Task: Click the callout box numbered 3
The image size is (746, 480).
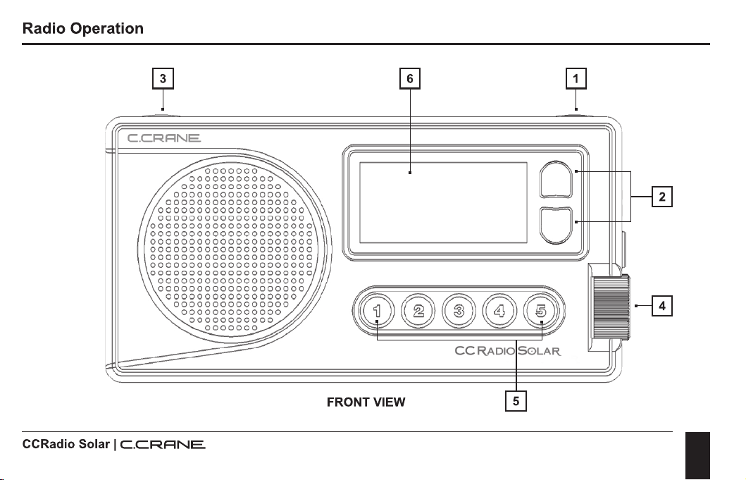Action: [163, 78]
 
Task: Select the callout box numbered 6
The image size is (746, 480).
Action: [410, 78]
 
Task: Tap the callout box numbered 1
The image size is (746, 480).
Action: [576, 78]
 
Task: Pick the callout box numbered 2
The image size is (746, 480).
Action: [661, 197]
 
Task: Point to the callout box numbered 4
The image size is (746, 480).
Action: [661, 306]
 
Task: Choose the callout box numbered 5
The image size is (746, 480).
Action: [516, 401]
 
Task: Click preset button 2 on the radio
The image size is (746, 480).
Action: [418, 311]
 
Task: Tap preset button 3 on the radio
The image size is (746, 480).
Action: [459, 311]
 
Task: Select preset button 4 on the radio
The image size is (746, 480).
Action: [499, 311]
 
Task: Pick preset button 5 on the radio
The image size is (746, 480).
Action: [540, 311]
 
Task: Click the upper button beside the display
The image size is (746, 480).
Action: [556, 180]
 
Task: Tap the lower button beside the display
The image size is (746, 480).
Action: [556, 226]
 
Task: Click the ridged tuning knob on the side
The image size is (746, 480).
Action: [611, 307]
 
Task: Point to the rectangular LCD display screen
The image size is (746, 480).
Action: [443, 202]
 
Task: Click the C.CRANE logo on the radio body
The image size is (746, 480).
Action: [164, 138]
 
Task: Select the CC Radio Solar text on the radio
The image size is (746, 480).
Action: [508, 351]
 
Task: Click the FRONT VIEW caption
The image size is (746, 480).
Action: [366, 402]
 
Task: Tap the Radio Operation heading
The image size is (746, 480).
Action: [83, 29]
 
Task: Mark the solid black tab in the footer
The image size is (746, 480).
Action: [697, 456]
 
